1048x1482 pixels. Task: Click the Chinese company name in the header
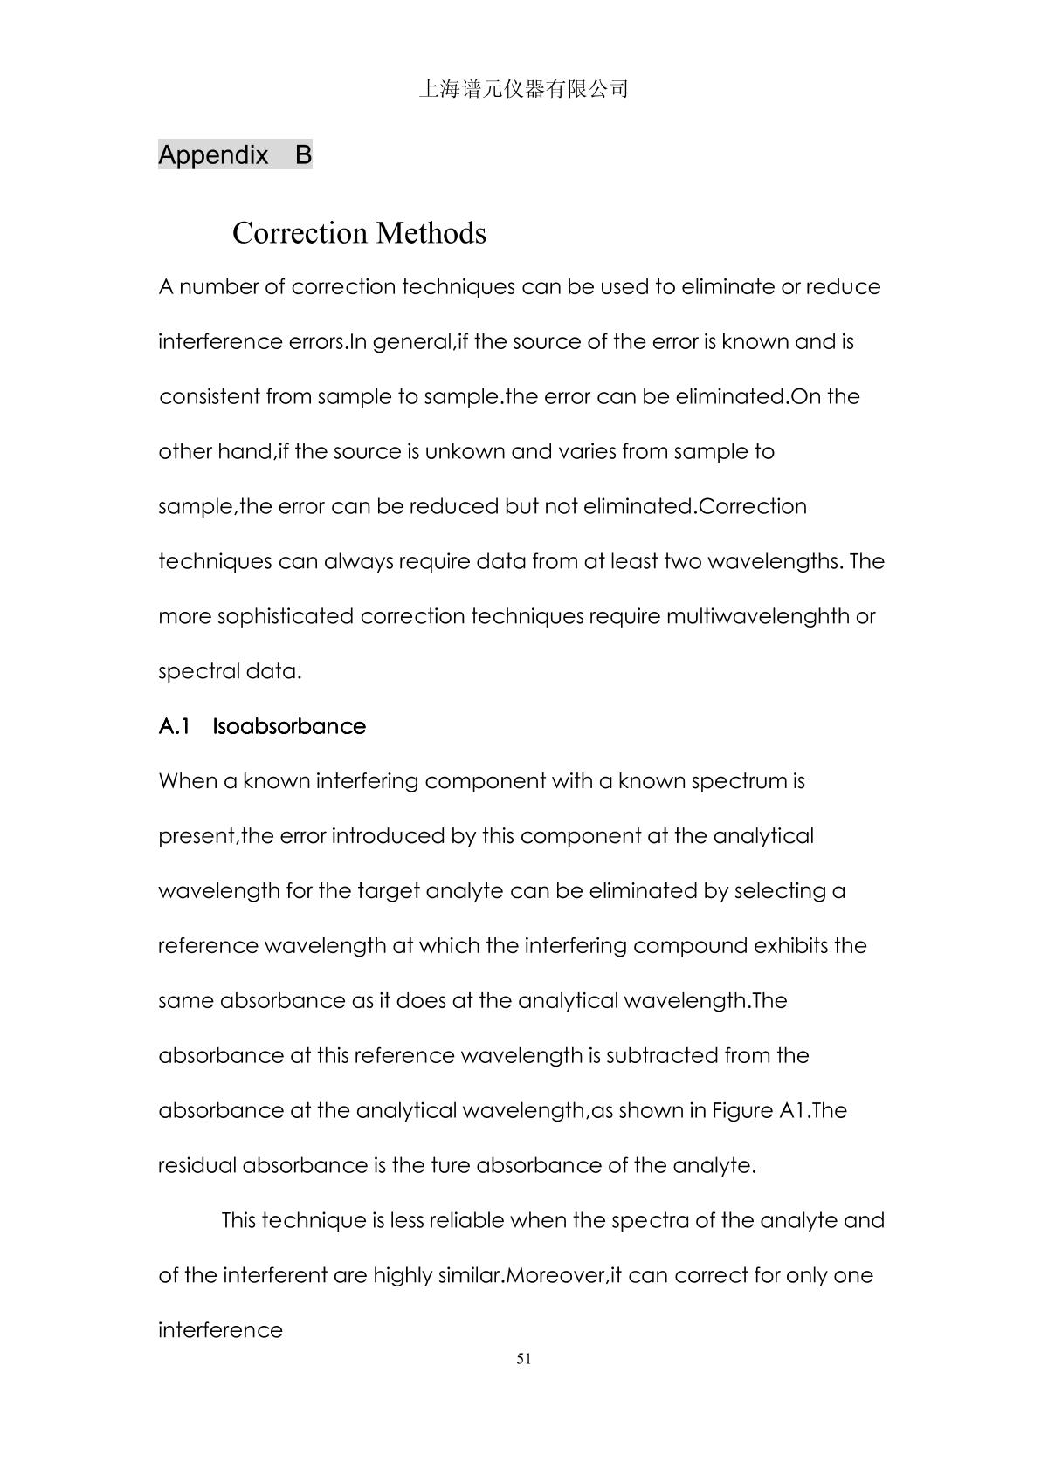tap(524, 89)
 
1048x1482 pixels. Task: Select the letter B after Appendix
tap(303, 155)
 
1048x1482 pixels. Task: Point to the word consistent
tap(209, 397)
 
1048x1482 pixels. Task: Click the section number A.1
tap(174, 727)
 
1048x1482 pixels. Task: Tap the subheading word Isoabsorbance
tap(289, 727)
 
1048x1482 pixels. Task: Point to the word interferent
tap(275, 1275)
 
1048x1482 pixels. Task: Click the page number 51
tap(524, 1359)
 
